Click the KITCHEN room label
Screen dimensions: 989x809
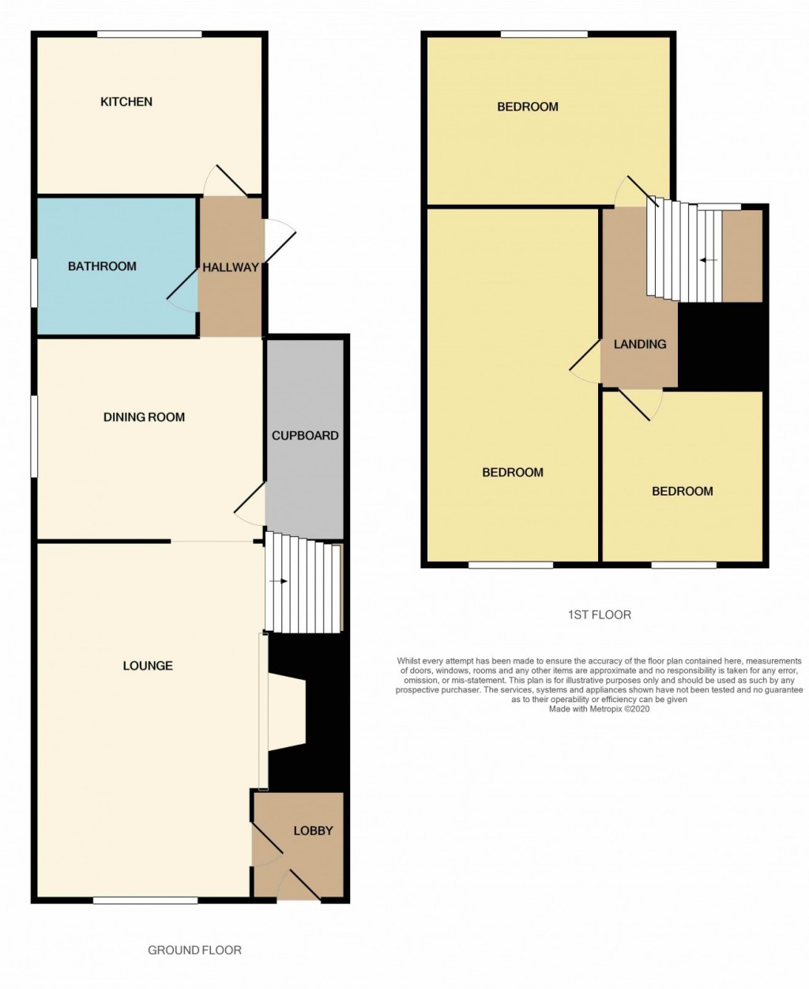[x=126, y=102]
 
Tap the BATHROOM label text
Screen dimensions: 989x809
[x=102, y=266]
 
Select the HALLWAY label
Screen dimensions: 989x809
[x=230, y=267]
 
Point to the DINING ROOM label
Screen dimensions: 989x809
[x=144, y=417]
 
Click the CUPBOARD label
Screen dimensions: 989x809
[x=305, y=436]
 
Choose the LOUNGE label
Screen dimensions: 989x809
[x=148, y=666]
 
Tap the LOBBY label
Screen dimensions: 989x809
[x=313, y=831]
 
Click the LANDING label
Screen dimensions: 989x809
[x=640, y=344]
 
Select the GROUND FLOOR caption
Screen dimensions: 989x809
[x=194, y=950]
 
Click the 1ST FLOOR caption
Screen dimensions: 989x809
[x=600, y=614]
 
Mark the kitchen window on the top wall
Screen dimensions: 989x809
[x=149, y=34]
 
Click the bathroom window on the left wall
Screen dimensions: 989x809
[x=34, y=282]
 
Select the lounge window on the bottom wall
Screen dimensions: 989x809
[x=145, y=900]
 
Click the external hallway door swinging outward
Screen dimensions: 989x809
[x=280, y=240]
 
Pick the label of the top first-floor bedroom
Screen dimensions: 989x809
[x=528, y=107]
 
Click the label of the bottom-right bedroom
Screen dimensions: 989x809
[x=682, y=491]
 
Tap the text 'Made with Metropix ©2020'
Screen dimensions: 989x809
[x=599, y=709]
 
